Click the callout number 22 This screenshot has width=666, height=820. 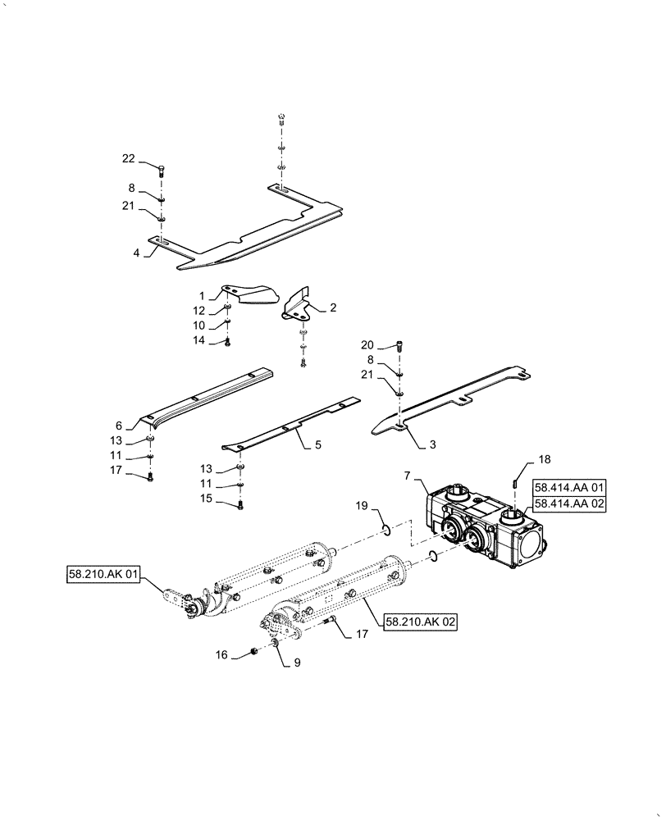128,158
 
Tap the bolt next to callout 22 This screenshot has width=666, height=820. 160,171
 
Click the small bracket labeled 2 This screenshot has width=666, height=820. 297,304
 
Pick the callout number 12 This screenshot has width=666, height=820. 199,311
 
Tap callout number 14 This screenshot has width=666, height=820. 199,340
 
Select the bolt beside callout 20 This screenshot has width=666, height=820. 399,346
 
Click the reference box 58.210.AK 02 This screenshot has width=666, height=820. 418,622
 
